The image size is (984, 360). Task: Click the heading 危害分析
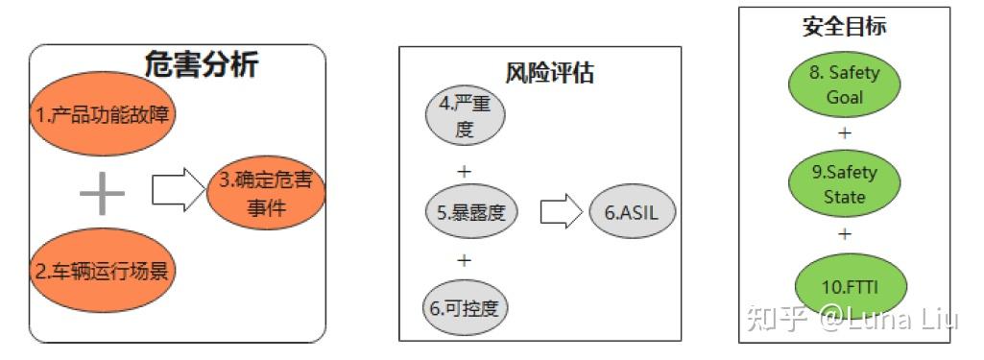(201, 64)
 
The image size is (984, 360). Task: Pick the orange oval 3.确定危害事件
(266, 195)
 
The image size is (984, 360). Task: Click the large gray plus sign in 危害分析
(102, 194)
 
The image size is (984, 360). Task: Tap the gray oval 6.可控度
(466, 308)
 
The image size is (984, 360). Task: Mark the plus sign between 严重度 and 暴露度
(465, 172)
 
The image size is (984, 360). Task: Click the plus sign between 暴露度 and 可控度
(465, 260)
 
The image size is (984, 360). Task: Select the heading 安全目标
(844, 27)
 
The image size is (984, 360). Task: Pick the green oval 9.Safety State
(844, 185)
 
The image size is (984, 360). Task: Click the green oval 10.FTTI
(845, 285)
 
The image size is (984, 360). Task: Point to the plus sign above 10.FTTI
(845, 233)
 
